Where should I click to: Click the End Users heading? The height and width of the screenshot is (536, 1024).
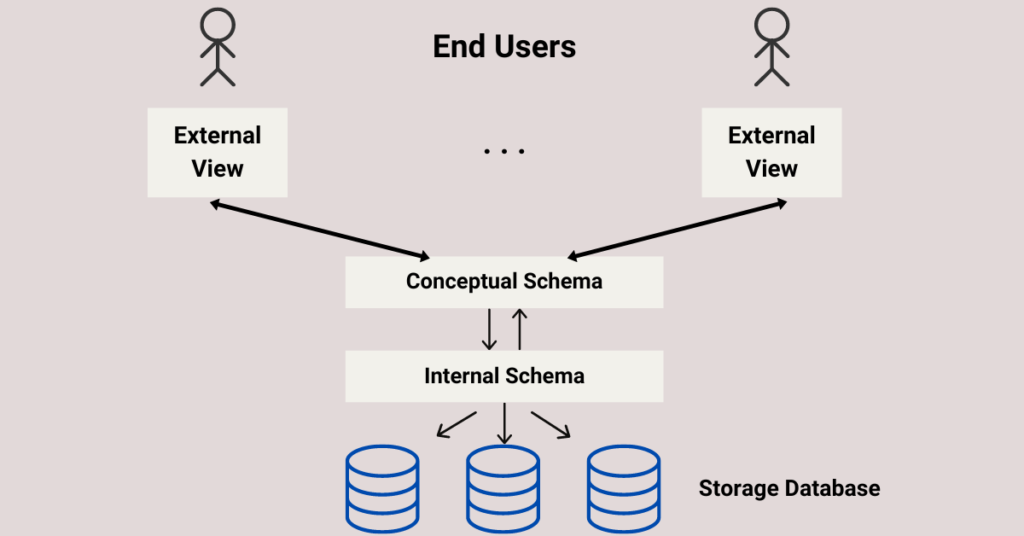[504, 46]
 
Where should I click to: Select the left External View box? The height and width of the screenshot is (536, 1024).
[217, 152]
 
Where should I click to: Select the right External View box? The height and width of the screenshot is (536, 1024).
[771, 152]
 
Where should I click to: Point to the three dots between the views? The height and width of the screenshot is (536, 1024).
[504, 152]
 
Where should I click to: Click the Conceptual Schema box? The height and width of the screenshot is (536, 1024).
[504, 282]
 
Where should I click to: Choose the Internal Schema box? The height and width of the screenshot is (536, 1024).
[504, 376]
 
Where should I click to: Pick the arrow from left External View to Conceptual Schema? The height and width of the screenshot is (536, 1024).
[319, 229]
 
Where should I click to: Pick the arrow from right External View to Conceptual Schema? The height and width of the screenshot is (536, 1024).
[677, 229]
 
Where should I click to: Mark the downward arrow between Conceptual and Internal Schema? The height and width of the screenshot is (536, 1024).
[489, 329]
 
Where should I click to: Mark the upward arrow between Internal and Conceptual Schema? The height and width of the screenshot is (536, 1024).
[519, 329]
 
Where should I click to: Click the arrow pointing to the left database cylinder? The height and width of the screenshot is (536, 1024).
[457, 424]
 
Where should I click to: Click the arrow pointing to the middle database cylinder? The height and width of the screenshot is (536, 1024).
[504, 424]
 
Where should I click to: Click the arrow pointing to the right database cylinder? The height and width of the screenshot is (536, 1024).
[550, 424]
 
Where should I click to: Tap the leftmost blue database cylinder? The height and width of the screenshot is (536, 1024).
[381, 488]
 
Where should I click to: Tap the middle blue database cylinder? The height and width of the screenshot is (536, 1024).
[503, 488]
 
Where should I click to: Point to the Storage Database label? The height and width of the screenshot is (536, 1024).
[789, 489]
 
